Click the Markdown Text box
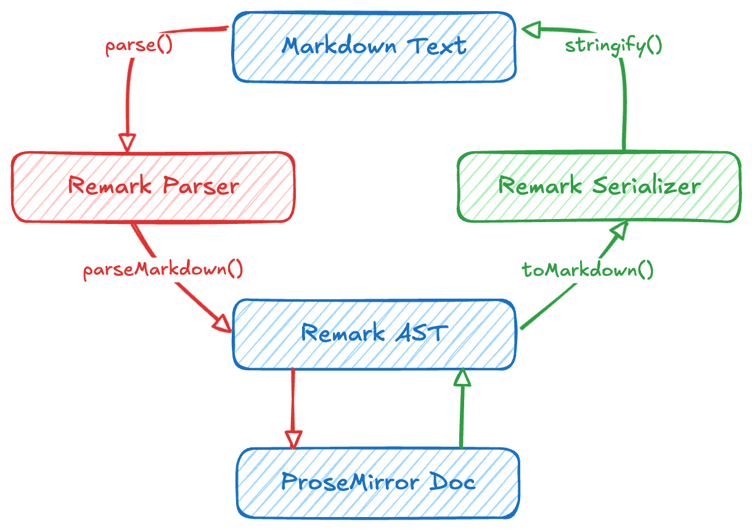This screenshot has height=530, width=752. click(374, 46)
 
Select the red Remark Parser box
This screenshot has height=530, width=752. click(153, 186)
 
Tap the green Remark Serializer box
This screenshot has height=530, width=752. click(599, 186)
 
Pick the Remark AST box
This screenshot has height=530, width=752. click(374, 334)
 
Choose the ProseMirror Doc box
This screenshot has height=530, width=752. click(378, 482)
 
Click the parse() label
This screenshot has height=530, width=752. click(139, 46)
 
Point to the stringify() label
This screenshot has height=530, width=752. click(613, 46)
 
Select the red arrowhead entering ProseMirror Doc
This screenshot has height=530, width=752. click(293, 439)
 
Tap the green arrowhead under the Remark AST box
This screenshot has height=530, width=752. click(462, 377)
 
